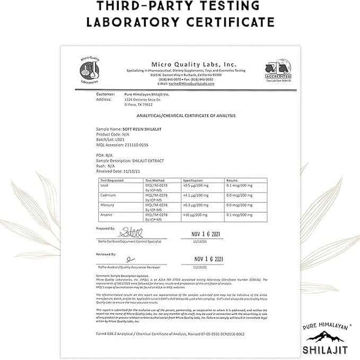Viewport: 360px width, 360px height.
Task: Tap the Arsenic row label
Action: (x=107, y=215)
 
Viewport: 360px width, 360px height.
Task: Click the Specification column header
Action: (x=192, y=181)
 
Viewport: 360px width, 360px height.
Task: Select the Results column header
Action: (x=233, y=181)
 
